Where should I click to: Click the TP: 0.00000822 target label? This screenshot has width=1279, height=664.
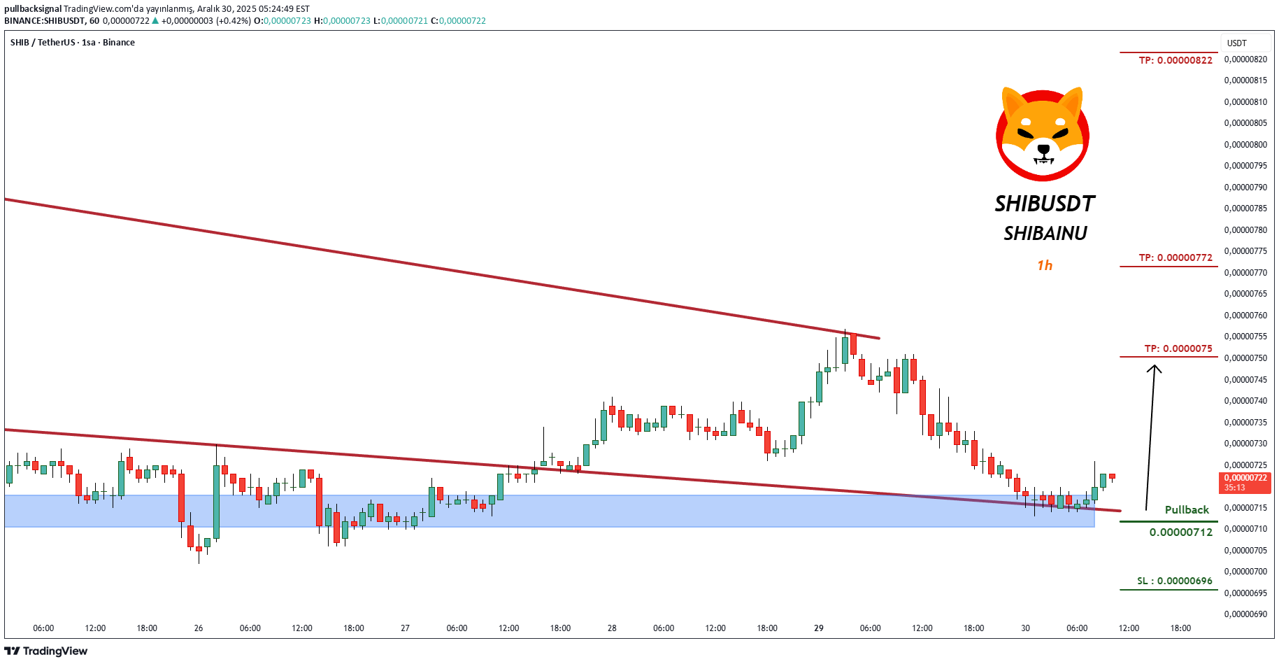click(x=1176, y=60)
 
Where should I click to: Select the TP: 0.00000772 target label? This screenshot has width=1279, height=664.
click(x=1176, y=257)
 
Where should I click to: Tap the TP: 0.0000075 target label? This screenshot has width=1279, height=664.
click(x=1178, y=348)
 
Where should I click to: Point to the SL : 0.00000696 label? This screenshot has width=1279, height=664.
click(x=1175, y=581)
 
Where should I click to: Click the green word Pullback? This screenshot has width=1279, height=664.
click(x=1187, y=509)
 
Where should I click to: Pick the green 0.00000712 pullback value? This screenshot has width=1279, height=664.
click(x=1181, y=532)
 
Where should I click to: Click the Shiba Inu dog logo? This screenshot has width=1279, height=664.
click(x=1043, y=134)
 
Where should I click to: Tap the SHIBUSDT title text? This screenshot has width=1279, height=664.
click(x=1045, y=204)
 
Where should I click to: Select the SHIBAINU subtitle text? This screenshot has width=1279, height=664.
click(x=1045, y=234)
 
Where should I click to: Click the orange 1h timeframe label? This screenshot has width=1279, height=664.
click(x=1045, y=265)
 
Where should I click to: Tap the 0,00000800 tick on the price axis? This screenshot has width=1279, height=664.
click(x=1245, y=145)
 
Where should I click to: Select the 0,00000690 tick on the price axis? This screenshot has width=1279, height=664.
click(x=1245, y=614)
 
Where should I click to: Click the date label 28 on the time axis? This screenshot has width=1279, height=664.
click(x=612, y=628)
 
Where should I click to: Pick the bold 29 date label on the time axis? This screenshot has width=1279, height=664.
click(x=819, y=628)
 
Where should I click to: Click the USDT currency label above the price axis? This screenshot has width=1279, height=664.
click(x=1237, y=43)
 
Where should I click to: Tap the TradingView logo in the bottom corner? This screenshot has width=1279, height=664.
click(x=47, y=651)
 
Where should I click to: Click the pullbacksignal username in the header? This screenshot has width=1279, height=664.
click(x=33, y=9)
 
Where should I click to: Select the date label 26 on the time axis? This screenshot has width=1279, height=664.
click(x=199, y=628)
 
